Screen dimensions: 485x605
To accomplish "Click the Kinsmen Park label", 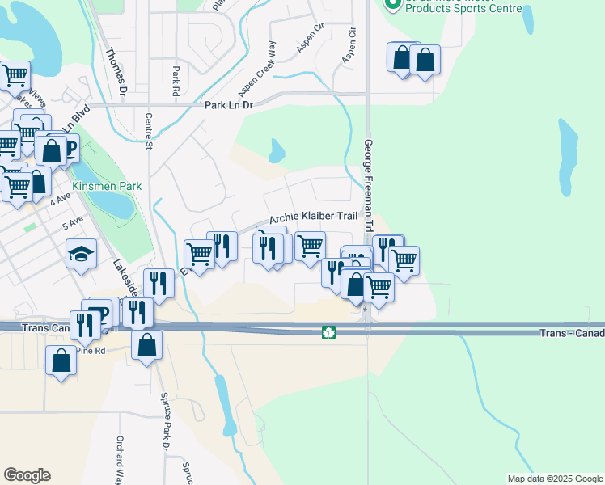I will tap(107, 186).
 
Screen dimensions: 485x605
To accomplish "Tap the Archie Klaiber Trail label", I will tap(313, 217).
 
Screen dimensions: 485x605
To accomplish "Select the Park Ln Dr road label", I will tap(229, 105).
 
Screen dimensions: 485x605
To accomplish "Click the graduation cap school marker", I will tap(82, 255).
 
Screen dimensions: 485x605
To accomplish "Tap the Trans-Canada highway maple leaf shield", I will tap(328, 332).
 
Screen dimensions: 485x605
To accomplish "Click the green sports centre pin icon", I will tap(393, 4).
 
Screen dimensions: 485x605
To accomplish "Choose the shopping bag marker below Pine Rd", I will tap(61, 361).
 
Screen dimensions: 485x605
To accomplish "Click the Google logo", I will tap(27, 475).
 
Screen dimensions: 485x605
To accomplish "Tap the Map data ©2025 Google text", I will tap(554, 479).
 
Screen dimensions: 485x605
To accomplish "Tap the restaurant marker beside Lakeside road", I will tap(159, 284).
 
